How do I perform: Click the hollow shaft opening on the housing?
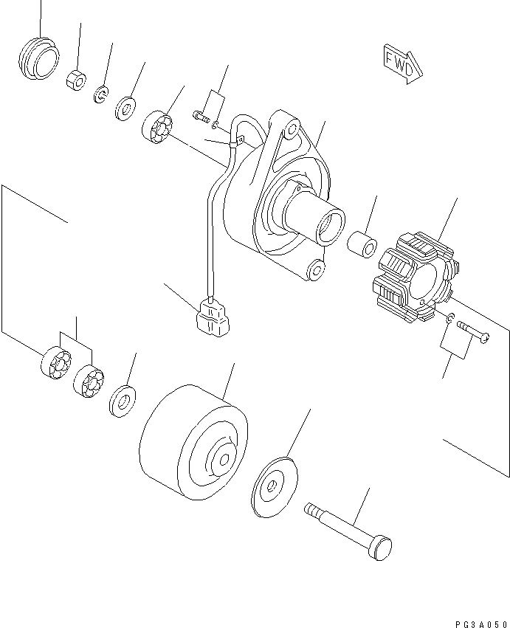330,224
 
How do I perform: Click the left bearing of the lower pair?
56,362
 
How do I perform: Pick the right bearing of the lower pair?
89,382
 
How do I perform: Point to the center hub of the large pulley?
225,459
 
